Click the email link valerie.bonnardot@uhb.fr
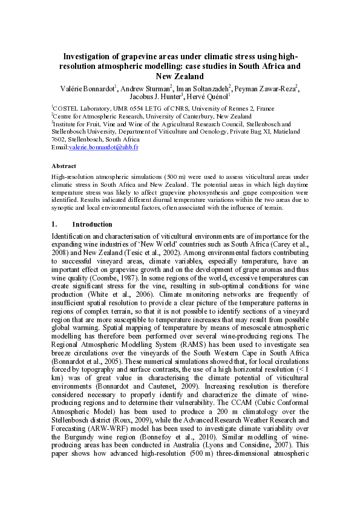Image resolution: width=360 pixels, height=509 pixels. coord(104,147)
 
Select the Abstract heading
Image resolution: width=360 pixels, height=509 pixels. coord(64,166)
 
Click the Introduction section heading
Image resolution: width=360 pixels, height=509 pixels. coord(97,224)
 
